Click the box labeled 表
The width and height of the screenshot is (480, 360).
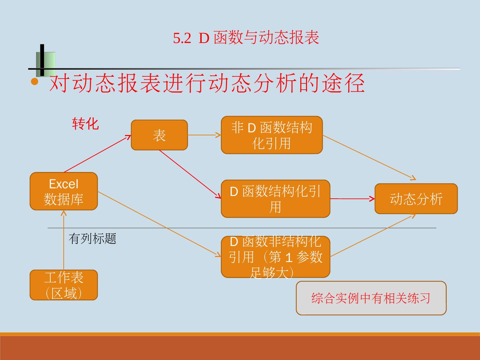point(159,135)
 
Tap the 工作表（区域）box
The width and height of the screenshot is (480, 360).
point(64,285)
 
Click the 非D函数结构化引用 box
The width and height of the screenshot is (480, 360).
point(272,135)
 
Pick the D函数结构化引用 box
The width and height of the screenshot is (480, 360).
point(275,199)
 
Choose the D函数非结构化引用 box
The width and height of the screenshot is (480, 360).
point(275,257)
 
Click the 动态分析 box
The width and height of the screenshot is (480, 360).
point(416,199)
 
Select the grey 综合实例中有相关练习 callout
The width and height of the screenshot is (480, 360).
point(371,298)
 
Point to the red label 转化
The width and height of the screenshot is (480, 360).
point(86,124)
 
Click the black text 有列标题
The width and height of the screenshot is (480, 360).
point(92,239)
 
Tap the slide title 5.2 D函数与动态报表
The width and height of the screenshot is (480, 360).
point(246,38)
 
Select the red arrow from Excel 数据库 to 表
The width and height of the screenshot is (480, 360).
point(97,154)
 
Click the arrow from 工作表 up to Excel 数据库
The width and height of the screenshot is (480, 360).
point(64,240)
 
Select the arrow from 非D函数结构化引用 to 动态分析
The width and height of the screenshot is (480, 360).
point(368,157)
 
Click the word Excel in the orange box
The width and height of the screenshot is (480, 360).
point(64,184)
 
